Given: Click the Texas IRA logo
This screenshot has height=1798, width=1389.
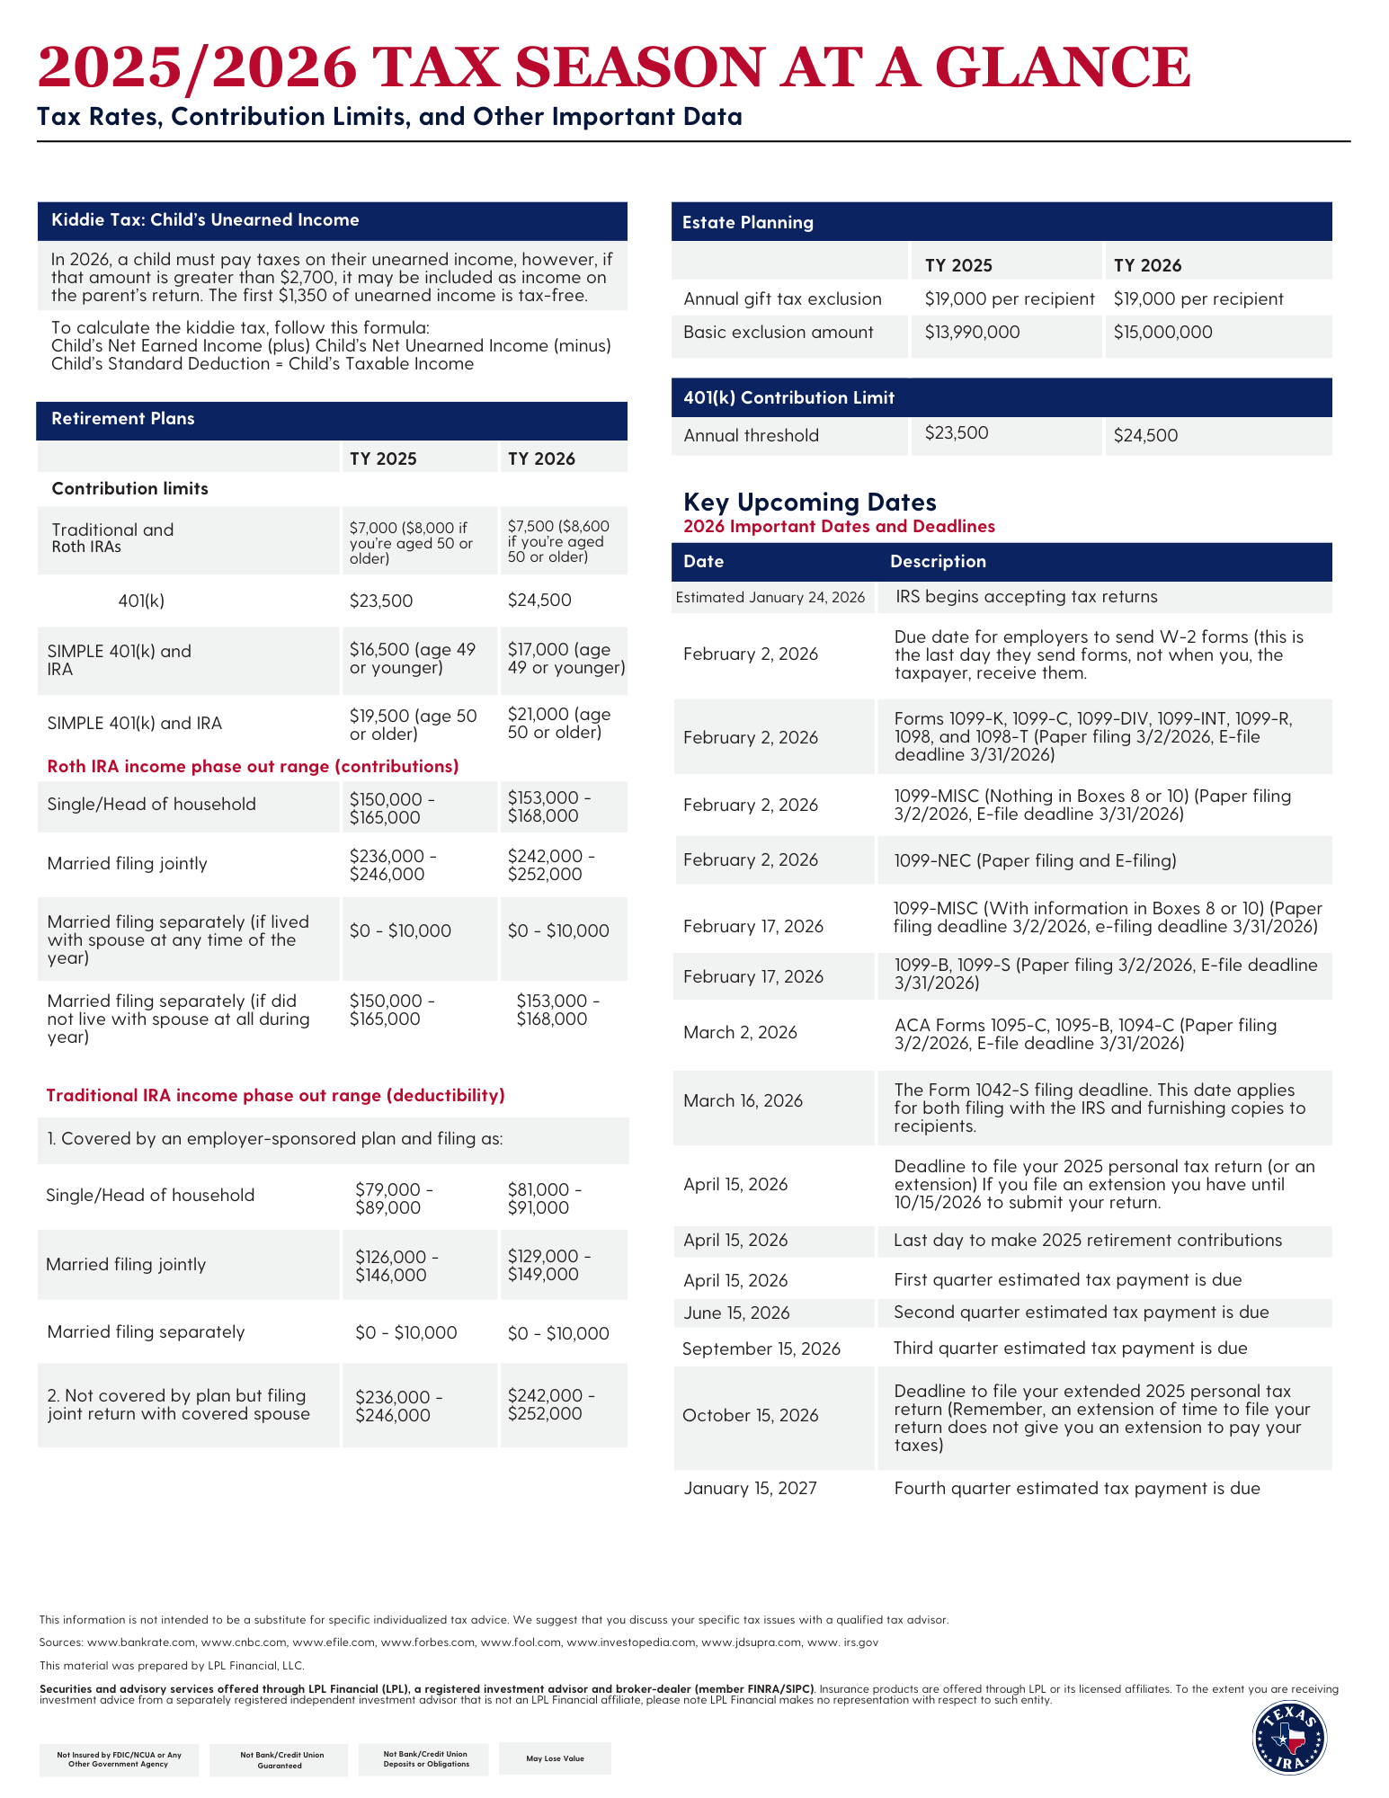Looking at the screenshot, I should [1289, 1738].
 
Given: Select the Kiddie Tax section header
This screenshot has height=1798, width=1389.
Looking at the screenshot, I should [205, 220].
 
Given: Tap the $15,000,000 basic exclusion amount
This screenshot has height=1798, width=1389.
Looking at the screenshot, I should [1162, 333].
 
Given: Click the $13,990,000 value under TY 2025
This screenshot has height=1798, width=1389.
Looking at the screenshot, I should [972, 333].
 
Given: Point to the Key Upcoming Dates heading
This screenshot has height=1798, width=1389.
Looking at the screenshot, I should [809, 502].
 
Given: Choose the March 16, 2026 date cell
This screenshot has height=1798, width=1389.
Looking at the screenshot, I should [743, 1101].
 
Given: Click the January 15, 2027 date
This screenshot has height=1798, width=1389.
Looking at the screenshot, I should [750, 1489].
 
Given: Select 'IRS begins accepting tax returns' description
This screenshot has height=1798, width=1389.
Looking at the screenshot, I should [1026, 597].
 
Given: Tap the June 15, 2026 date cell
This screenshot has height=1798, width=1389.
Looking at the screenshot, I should [736, 1313].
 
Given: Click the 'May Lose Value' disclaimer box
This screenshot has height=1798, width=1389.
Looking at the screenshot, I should [555, 1758].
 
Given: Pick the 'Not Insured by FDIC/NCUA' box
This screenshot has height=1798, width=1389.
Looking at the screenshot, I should [119, 1759].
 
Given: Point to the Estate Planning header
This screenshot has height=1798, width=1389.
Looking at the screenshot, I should [748, 223].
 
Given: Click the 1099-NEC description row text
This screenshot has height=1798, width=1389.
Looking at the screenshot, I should [1035, 861].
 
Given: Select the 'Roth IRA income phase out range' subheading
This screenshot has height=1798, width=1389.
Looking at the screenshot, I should [253, 767].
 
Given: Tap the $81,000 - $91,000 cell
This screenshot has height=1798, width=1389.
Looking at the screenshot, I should [544, 1199].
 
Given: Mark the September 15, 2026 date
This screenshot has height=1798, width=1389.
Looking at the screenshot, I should [761, 1349].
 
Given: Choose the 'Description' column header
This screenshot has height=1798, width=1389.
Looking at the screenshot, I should [938, 562].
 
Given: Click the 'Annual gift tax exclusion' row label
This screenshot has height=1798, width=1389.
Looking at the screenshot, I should [782, 299].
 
